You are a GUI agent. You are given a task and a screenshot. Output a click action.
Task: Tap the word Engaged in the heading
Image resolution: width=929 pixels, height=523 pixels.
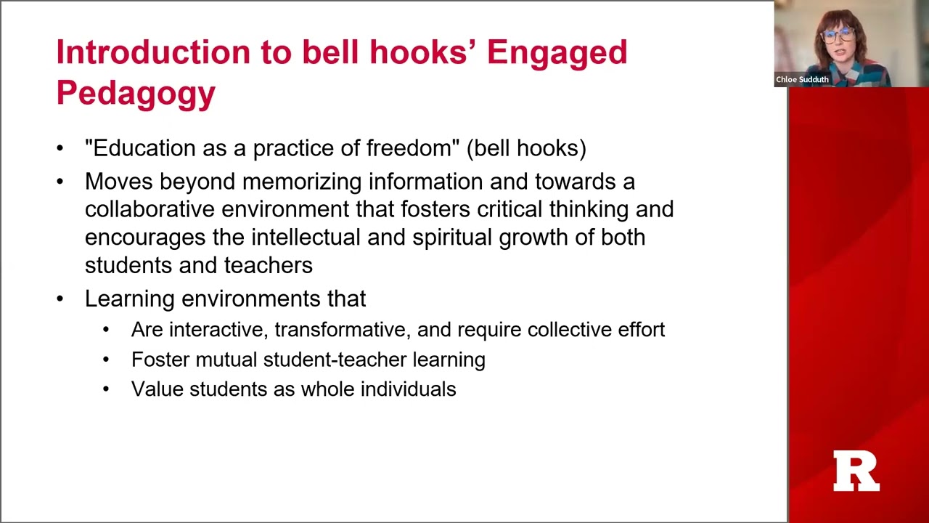[x=557, y=53]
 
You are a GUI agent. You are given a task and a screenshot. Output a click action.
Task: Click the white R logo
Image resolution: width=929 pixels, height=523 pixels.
[x=856, y=471]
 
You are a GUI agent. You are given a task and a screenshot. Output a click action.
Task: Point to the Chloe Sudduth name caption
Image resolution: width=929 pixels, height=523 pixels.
[x=802, y=80]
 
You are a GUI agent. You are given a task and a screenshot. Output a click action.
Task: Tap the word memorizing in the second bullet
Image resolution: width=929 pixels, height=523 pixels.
[x=305, y=182]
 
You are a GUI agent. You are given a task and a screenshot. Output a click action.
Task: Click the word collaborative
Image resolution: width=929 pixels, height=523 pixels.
[x=150, y=209]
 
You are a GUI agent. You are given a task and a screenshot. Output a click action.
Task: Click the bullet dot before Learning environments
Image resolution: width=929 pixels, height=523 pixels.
[x=60, y=299]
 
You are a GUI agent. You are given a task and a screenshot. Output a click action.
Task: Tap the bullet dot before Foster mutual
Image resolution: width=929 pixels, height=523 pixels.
[x=107, y=360]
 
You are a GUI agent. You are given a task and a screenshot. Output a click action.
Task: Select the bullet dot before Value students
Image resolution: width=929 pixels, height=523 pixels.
[x=107, y=389]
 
